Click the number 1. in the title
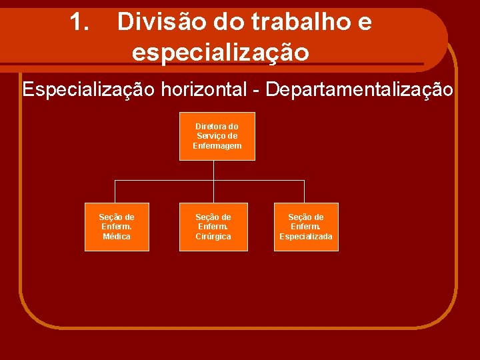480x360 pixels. tap(80, 23)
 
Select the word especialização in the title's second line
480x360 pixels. tap(221, 51)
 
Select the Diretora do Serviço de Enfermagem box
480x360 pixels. tap(217, 136)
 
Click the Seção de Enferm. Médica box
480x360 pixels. tap(117, 227)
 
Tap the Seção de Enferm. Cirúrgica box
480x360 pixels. tap(213, 227)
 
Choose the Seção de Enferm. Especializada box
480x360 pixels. tap(306, 227)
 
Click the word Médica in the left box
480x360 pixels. tap(117, 237)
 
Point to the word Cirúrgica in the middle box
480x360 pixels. tap(213, 237)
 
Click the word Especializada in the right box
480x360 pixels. tap(306, 237)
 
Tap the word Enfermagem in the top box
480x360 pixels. tap(217, 146)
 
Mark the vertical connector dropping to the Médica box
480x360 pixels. tap(115, 191)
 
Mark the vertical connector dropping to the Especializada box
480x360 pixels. tap(305, 191)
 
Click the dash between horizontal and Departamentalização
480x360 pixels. tap(257, 90)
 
